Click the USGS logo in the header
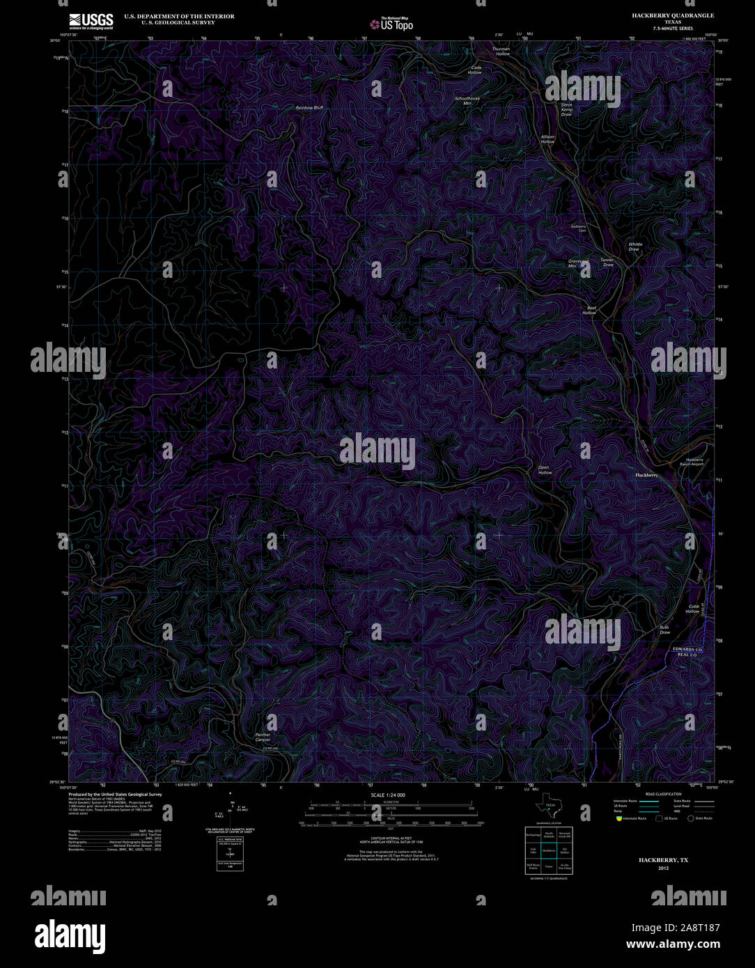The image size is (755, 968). coord(91,20)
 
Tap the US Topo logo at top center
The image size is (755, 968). coord(391,24)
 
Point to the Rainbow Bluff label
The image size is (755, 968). coord(309,108)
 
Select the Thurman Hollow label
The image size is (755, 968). coord(501,52)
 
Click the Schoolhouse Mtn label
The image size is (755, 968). coord(467,101)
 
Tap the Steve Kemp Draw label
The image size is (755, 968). coord(567,109)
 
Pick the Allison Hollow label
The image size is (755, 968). coord(548,139)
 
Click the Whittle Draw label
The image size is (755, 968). coord(635,247)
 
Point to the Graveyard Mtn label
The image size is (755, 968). coord(577,263)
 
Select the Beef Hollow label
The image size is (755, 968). coord(590,311)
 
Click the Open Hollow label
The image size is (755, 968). coord(544,470)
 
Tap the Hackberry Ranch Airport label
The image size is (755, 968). coord(694,462)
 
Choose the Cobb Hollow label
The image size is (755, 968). coord(693,609)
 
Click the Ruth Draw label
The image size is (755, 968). coord(664,630)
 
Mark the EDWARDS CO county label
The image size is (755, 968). coord(687,649)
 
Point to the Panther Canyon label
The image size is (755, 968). coord(263,737)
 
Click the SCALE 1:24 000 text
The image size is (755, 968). coord(388,795)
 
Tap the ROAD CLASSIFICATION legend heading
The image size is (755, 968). coord(663,794)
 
